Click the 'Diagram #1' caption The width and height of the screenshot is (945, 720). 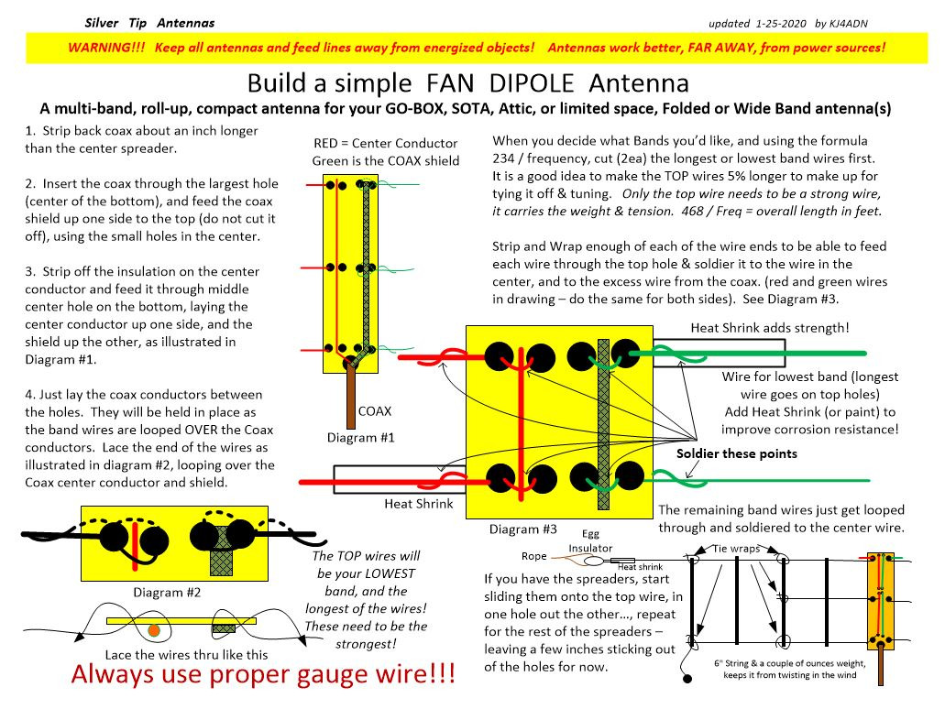click(360, 438)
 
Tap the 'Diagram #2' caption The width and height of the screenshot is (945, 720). click(167, 592)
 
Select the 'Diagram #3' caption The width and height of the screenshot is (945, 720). click(522, 529)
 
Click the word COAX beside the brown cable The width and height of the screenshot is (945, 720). click(375, 411)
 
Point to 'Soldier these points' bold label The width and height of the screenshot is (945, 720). click(737, 453)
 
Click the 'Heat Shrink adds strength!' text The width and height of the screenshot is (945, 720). click(771, 328)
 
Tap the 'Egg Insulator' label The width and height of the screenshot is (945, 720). click(590, 541)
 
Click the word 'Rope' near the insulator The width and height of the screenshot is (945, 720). click(533, 556)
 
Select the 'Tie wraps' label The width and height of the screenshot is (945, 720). click(736, 549)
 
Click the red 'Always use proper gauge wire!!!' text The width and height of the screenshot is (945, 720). click(262, 676)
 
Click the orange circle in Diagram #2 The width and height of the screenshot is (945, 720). click(154, 629)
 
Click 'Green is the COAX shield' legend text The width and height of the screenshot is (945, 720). click(385, 161)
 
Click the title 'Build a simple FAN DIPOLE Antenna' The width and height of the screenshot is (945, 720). click(467, 83)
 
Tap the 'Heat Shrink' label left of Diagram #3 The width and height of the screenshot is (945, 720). click(418, 504)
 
